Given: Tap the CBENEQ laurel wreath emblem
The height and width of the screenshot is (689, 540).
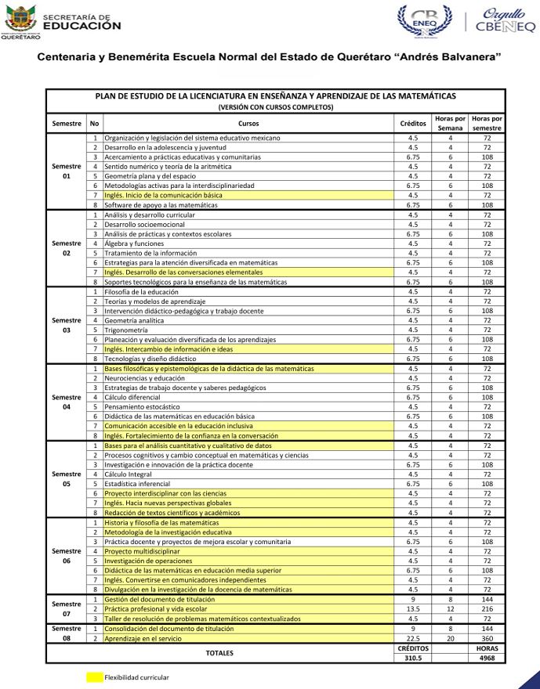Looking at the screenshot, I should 425,21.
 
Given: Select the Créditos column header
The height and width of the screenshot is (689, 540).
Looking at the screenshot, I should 413,124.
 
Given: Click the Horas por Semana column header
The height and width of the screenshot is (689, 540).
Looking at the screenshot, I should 450,124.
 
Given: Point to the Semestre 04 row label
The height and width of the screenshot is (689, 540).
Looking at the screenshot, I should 67,402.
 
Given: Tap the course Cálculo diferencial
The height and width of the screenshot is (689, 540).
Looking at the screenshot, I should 133,397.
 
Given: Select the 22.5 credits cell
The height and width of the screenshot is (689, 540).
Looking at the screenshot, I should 413,638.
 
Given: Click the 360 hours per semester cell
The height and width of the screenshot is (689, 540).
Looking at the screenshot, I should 487,638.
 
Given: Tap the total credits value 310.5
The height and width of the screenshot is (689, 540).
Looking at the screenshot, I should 413,658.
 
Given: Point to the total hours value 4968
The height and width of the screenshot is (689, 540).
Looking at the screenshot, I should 487,658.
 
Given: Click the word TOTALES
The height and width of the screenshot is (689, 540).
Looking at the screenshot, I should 219,653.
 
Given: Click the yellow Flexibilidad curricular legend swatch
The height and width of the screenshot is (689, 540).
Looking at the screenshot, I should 94,677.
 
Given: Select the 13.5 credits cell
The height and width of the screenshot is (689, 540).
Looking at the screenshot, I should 413,608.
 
